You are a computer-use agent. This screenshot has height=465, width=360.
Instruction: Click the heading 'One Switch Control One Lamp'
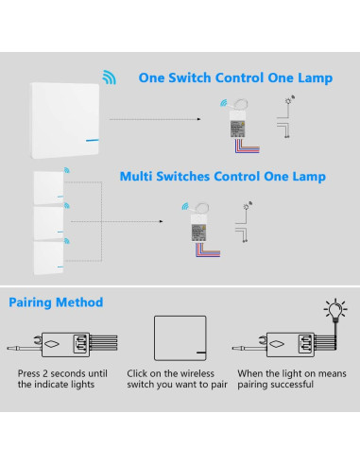coord(235,78)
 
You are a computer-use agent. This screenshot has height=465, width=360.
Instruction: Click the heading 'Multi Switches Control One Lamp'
coord(223,177)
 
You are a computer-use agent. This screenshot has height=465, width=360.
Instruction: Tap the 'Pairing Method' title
coord(57,303)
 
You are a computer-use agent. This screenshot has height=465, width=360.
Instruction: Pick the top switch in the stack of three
coord(50,188)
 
